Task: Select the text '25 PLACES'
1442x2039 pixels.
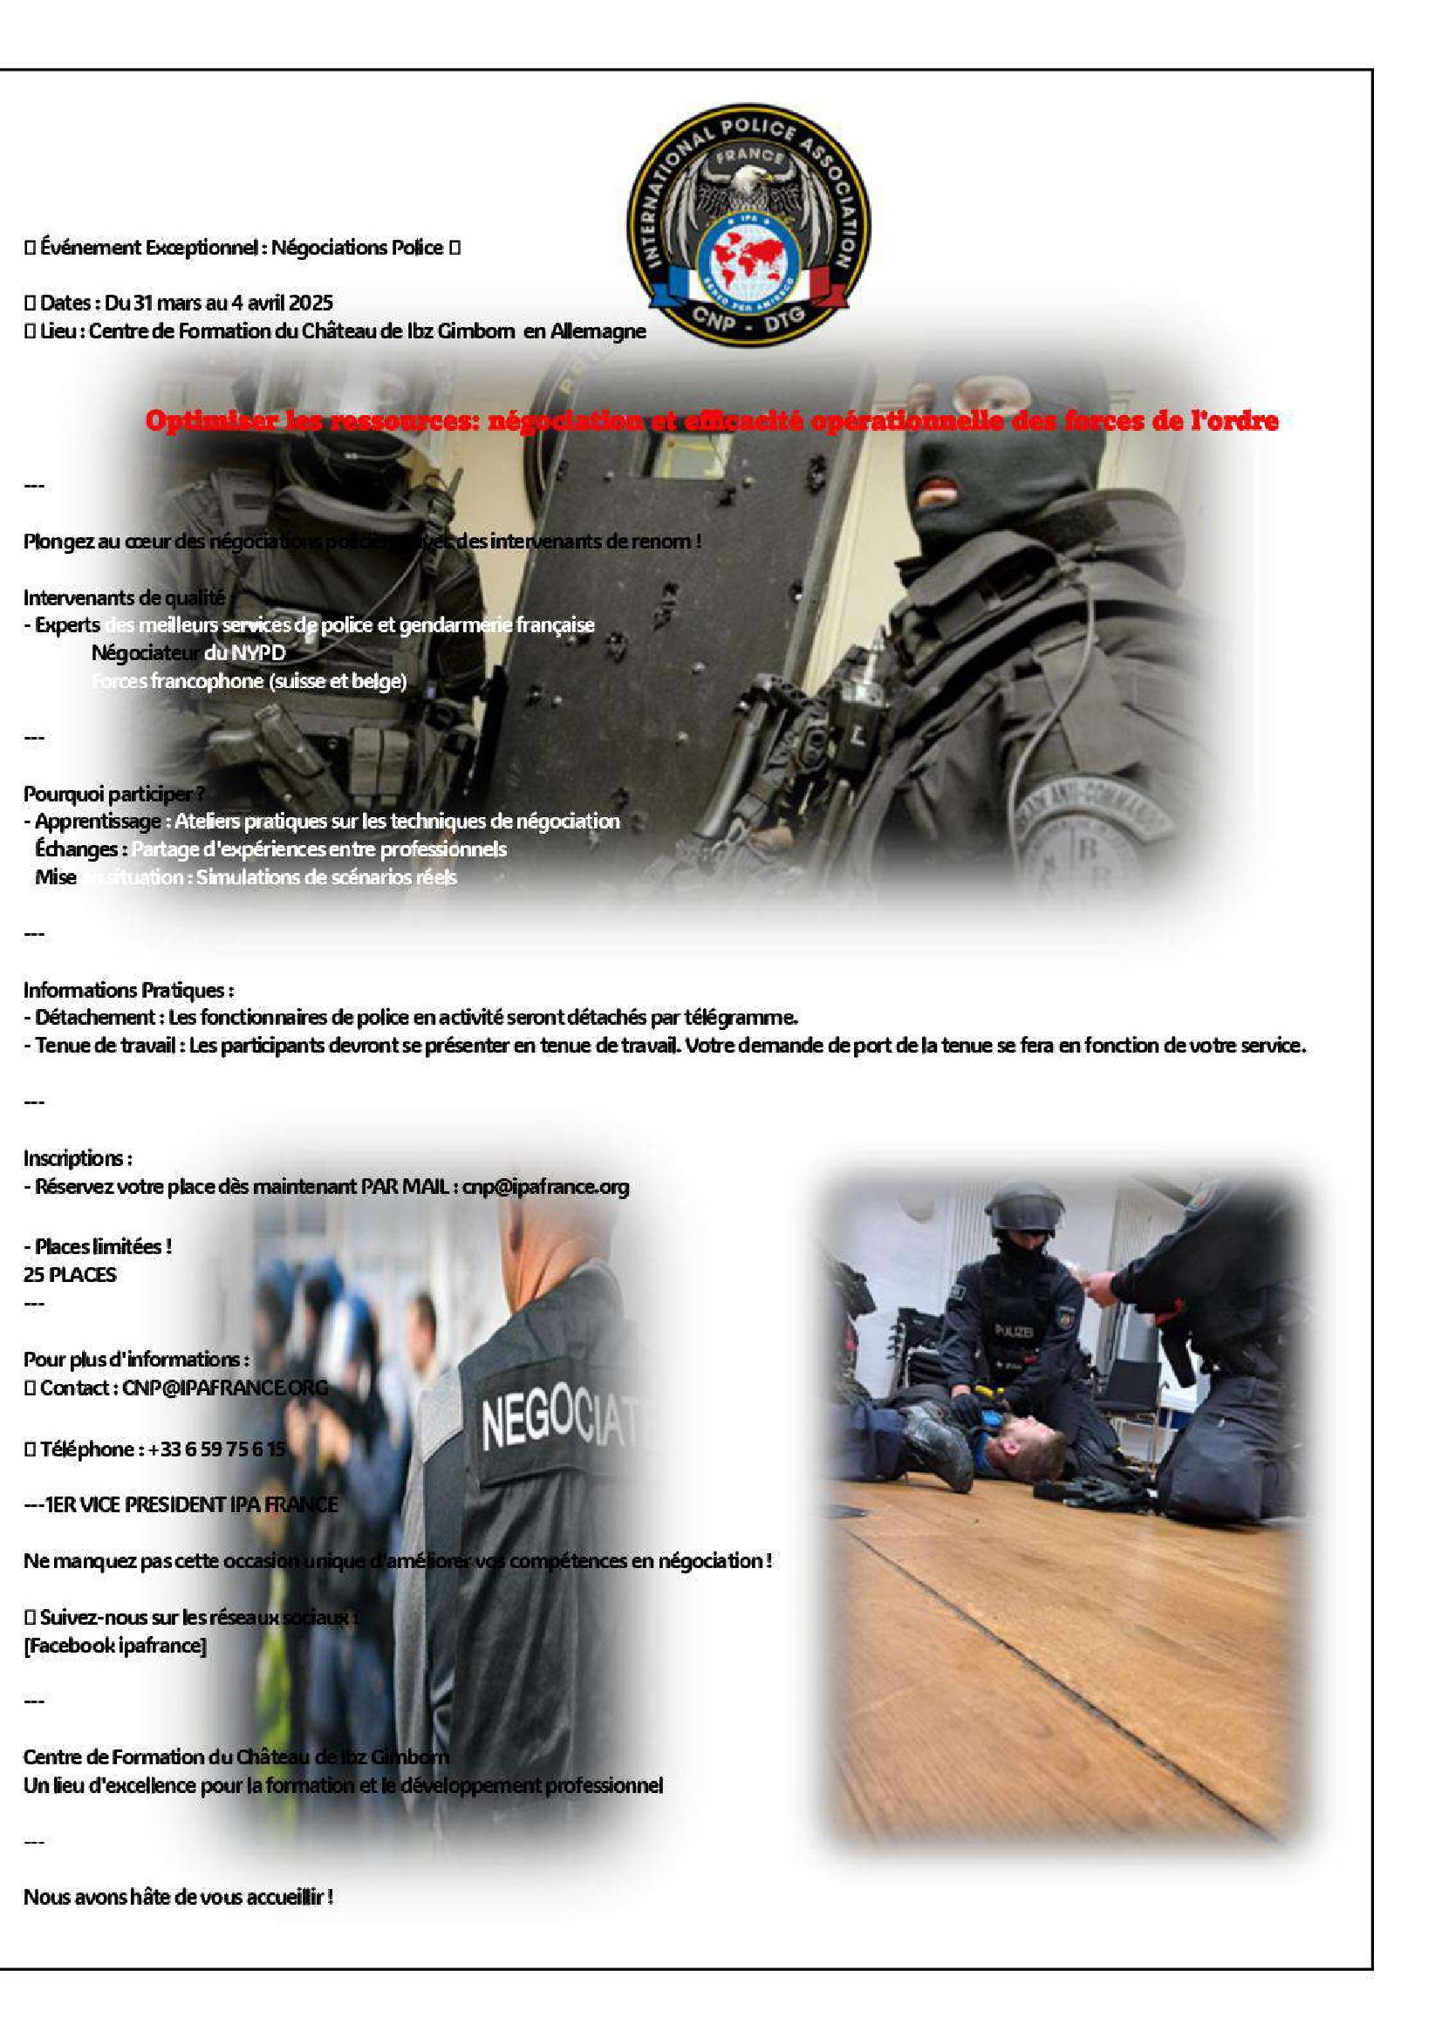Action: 69,1274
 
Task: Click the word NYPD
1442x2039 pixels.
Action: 258,652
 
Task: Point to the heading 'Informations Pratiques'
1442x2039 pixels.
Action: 128,989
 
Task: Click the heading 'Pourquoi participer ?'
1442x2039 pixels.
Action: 113,793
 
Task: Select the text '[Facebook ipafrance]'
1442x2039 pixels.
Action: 114,1645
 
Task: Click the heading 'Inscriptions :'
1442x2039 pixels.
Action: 78,1158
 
